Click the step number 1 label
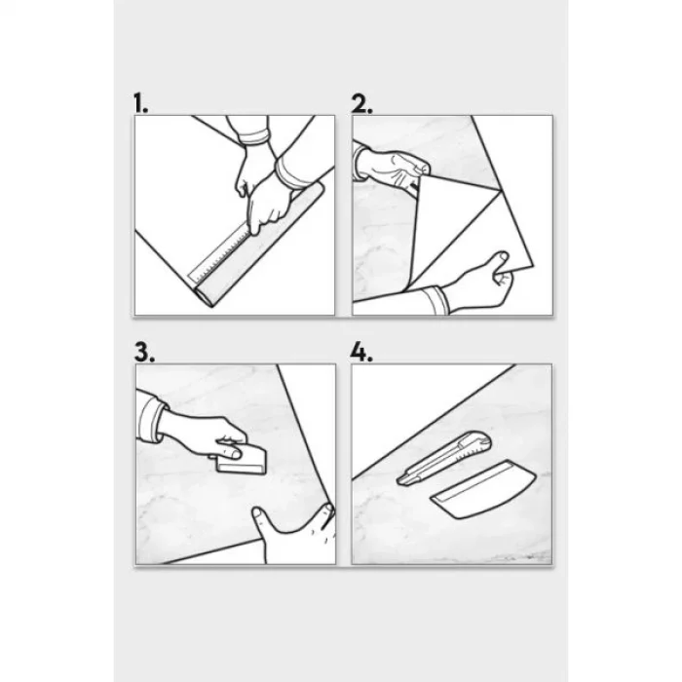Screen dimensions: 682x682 pos(140,103)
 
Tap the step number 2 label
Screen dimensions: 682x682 pos(361,103)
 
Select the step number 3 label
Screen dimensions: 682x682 pos(144,352)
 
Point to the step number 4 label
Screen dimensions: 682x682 pos(361,352)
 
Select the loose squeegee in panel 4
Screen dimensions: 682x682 pos(483,489)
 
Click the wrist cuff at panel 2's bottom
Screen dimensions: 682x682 pos(436,300)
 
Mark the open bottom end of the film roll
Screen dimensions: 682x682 pos(204,296)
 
